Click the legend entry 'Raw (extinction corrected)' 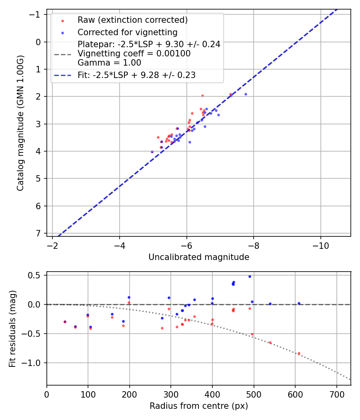pyautogui.click(x=132, y=20)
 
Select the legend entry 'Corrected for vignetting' pyautogui.click(x=127, y=32)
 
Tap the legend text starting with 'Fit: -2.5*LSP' pyautogui.click(x=136, y=75)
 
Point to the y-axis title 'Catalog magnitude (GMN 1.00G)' pyautogui.click(x=20, y=123)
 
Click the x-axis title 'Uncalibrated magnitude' pyautogui.click(x=199, y=257)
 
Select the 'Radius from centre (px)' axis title pyautogui.click(x=199, y=406)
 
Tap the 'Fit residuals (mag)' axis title pyautogui.click(x=12, y=328)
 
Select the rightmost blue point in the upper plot pyautogui.click(x=246, y=94)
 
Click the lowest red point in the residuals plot pyautogui.click(x=299, y=353)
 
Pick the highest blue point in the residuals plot pyautogui.click(x=250, y=276)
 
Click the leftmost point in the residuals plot pyautogui.click(x=65, y=322)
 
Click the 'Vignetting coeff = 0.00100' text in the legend pyautogui.click(x=134, y=54)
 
